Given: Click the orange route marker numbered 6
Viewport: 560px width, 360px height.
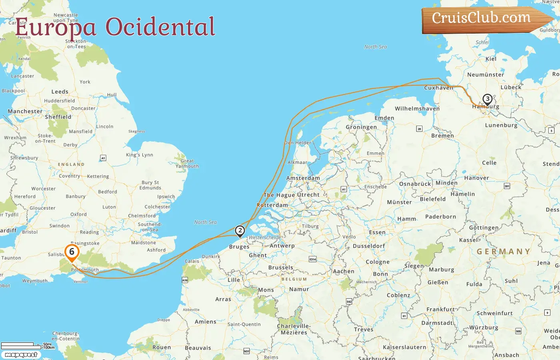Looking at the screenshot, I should pos(72,252).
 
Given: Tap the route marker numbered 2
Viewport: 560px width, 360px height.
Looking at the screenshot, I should pos(240,231).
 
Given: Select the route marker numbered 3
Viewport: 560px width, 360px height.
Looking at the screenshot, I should pos(487,99).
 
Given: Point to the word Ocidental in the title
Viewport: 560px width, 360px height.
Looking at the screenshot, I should pos(160,27).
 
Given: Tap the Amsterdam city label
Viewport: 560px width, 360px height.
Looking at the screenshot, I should pos(303,178).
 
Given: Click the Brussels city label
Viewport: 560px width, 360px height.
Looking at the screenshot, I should pos(281,267).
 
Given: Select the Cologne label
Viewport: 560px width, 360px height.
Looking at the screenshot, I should pos(378,262).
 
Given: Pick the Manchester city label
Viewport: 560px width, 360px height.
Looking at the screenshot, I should pos(25,111).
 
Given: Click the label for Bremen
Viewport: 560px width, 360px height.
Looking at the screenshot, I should pos(442,136).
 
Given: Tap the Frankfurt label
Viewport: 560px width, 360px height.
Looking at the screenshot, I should pos(440,309).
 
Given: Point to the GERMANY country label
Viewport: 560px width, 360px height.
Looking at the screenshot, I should pos(504,251).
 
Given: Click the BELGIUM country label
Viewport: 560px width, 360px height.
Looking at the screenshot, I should pos(294,279).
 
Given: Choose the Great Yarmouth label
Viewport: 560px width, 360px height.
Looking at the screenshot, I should pos(187,163).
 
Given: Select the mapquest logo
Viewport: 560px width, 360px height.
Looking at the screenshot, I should pos(21,354).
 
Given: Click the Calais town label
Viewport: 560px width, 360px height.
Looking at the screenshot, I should pos(192,261).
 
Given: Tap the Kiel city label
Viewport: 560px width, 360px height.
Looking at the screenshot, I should pos(491,59).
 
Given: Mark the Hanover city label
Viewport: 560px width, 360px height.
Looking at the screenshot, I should pos(476,178).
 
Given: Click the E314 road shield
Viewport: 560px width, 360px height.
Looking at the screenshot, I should pos(313,259).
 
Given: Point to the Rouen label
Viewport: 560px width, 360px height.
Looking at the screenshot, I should pos(162,347).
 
